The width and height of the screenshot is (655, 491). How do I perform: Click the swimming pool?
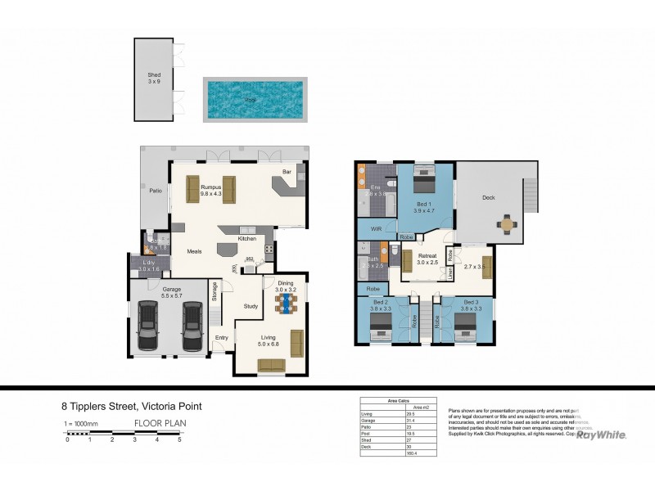(255, 99)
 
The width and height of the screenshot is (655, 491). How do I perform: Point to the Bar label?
(287, 172)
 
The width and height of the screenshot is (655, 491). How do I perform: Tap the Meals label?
(194, 251)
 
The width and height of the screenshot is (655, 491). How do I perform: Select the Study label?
(251, 306)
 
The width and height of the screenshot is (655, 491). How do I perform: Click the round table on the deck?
(509, 222)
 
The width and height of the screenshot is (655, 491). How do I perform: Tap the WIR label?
(377, 229)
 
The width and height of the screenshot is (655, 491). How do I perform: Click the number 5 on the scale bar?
(179, 440)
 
